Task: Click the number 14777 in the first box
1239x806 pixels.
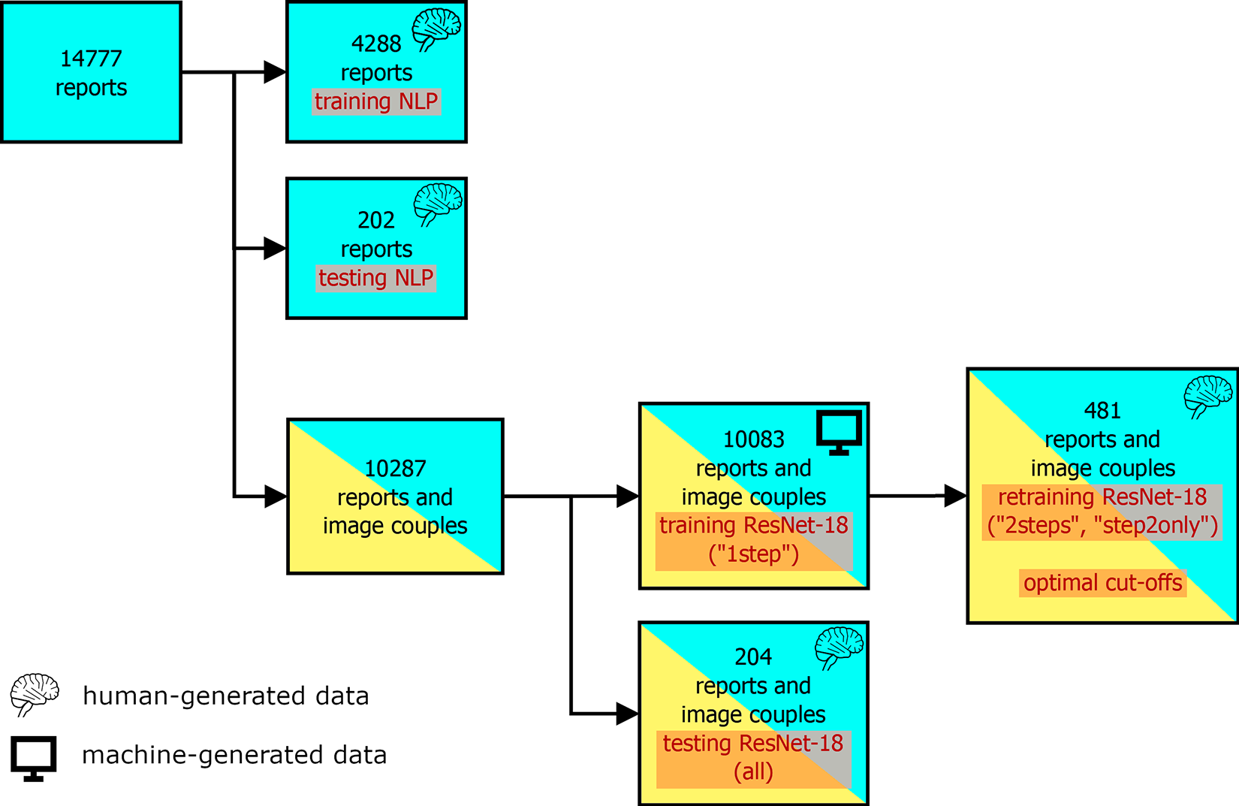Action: (91, 59)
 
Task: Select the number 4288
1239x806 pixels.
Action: (376, 44)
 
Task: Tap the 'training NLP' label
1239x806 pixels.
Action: (376, 102)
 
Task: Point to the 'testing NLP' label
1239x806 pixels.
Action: (376, 278)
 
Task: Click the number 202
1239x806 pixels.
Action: (376, 220)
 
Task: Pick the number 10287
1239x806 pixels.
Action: (395, 469)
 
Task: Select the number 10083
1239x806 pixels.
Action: (753, 439)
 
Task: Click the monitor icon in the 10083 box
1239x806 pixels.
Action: (839, 432)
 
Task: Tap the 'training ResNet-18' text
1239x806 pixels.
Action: (753, 526)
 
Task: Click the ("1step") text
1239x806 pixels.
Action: (753, 554)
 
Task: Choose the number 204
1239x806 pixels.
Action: (753, 657)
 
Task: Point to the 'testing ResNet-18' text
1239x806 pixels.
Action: (753, 744)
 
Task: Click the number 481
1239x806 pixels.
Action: (1102, 411)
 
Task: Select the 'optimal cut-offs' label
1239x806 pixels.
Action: (1102, 583)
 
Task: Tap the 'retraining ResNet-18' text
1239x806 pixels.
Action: (1102, 497)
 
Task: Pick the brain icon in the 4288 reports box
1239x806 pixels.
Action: (436, 30)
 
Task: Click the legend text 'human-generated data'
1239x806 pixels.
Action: (226, 696)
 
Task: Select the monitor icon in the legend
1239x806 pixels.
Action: (33, 759)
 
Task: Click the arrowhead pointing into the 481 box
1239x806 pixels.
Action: (955, 496)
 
